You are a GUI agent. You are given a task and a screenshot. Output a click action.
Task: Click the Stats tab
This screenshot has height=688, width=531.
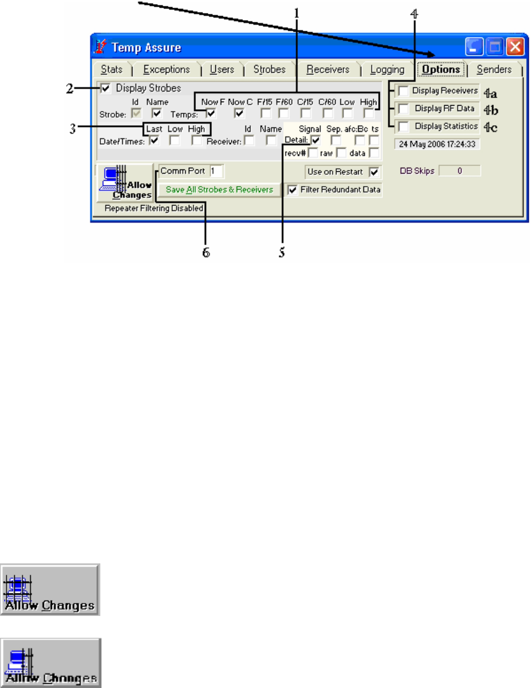[110, 69]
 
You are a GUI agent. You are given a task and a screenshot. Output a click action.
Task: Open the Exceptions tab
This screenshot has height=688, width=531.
[167, 69]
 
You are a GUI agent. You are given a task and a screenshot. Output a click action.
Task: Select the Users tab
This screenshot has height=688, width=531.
[222, 69]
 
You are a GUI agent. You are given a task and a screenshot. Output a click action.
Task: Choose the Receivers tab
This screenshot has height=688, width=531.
[328, 69]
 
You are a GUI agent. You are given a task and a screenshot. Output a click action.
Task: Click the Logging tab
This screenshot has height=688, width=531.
[387, 69]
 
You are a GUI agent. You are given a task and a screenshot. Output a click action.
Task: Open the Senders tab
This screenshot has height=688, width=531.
[494, 69]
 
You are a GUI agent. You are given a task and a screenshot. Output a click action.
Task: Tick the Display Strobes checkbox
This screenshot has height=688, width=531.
[106, 89]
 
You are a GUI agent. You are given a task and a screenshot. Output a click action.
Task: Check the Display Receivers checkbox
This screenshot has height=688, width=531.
[403, 91]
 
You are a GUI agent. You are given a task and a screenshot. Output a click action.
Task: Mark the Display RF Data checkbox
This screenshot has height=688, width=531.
[403, 109]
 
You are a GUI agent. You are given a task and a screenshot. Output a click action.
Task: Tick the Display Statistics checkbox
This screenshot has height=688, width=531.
[403, 126]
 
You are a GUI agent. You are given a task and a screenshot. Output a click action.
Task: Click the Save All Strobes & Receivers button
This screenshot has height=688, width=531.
[219, 190]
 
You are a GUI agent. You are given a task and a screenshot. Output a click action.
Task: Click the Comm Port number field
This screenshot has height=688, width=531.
[216, 171]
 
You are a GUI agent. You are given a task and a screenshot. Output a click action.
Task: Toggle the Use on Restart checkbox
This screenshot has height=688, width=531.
[373, 172]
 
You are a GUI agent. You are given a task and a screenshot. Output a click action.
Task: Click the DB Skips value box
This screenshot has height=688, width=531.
[460, 171]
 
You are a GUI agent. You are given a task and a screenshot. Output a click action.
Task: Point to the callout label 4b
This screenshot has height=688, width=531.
[491, 109]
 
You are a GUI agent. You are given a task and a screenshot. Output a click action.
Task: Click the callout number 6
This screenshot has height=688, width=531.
[206, 252]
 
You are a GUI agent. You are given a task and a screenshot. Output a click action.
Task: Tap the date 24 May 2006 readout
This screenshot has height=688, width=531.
[437, 144]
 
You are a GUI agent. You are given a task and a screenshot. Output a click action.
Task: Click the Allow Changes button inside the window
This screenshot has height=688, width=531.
[124, 183]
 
